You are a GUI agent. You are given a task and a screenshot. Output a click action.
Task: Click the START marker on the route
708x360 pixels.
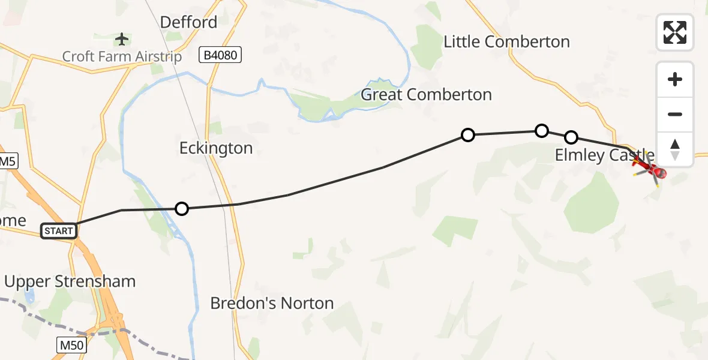pyautogui.click(x=59, y=230)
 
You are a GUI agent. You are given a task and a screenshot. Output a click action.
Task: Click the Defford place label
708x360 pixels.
pyautogui.click(x=188, y=23)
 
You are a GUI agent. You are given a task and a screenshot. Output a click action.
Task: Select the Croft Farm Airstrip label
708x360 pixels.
pyautogui.click(x=122, y=57)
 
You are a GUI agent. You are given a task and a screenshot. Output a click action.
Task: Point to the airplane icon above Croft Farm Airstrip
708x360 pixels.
pyautogui.click(x=122, y=40)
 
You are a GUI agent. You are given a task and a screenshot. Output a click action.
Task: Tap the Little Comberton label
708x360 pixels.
pyautogui.click(x=506, y=42)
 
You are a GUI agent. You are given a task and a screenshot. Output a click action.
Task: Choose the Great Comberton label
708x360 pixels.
pyautogui.click(x=426, y=95)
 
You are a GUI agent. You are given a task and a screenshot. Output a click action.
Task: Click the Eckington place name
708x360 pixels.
pyautogui.click(x=216, y=148)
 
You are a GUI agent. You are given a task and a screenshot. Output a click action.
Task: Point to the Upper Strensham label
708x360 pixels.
pyautogui.click(x=70, y=281)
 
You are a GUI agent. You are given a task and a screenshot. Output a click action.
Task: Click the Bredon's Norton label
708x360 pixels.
pyautogui.click(x=272, y=304)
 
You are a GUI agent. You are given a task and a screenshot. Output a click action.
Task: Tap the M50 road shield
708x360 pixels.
pyautogui.click(x=73, y=345)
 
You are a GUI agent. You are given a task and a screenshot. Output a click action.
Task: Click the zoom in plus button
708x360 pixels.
pyautogui.click(x=675, y=79)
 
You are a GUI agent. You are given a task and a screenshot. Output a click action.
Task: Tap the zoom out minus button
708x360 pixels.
pyautogui.click(x=675, y=114)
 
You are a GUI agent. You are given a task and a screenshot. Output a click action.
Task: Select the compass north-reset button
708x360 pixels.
pyautogui.click(x=675, y=149)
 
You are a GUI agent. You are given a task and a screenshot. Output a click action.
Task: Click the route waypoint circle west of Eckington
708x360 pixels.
pyautogui.click(x=181, y=209)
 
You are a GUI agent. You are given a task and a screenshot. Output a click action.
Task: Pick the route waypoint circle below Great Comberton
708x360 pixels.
pyautogui.click(x=468, y=135)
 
